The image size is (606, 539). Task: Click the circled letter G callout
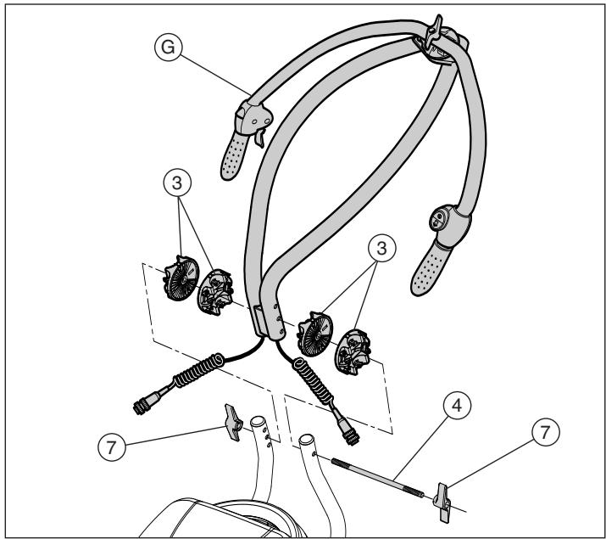click(x=168, y=48)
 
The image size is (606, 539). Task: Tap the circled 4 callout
click(x=457, y=406)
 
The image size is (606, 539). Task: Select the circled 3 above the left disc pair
click(x=177, y=182)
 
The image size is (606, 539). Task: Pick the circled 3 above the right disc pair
click(x=382, y=248)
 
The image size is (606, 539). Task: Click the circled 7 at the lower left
click(x=112, y=447)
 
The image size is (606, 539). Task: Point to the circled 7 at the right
click(x=546, y=432)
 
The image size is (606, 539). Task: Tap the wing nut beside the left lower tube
click(x=233, y=423)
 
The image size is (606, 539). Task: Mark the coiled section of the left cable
click(x=197, y=370)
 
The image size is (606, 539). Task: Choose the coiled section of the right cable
click(x=314, y=381)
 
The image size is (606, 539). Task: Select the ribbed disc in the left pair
click(x=181, y=278)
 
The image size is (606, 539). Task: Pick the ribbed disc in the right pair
click(x=314, y=334)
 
